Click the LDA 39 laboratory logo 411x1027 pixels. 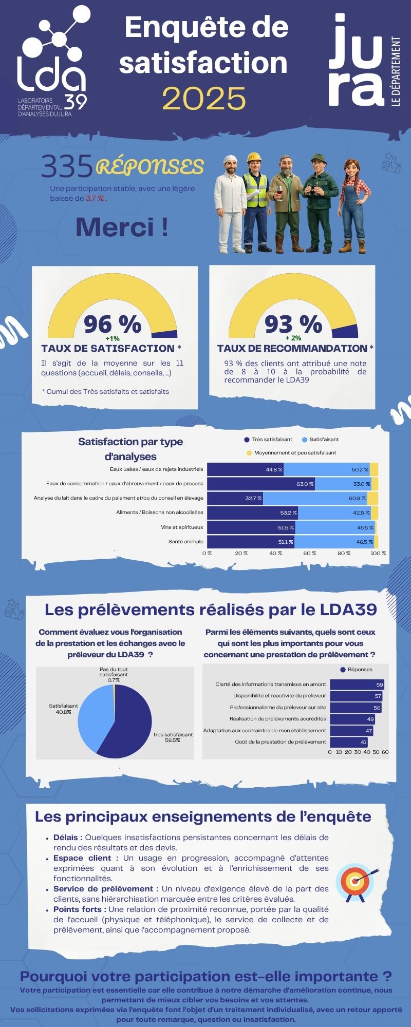51,62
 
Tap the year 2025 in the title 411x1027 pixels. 204,98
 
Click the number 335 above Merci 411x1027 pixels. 67,167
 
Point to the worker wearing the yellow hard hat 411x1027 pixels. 254,200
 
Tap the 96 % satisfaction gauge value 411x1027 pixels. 112,324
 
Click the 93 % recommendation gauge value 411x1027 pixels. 293,324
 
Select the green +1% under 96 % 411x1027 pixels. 112,338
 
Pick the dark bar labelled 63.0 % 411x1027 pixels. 261,484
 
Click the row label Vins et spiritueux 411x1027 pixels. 182,527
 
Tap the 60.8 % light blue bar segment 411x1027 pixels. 314,498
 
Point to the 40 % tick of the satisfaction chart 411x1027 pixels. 275,553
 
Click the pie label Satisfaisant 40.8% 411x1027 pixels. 63,709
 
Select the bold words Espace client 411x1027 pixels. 85,858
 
